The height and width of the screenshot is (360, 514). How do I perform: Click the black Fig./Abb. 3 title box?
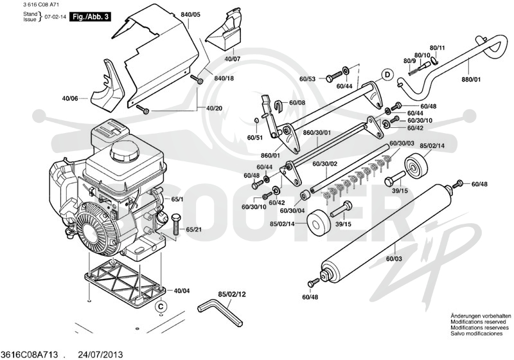90,17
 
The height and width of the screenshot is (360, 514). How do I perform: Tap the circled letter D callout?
387,75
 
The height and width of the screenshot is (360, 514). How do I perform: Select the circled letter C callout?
161,306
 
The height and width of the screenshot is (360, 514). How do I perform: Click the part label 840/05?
190,15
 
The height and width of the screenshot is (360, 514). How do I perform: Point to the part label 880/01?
471,79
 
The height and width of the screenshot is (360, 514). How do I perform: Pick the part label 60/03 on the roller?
394,259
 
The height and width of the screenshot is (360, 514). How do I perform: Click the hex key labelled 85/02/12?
220,312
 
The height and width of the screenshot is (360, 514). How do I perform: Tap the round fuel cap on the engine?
125,151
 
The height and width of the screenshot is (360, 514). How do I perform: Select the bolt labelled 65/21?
175,224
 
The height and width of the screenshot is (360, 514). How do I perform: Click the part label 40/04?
182,291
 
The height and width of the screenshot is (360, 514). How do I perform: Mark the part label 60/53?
308,79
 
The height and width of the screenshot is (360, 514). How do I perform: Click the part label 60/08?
297,103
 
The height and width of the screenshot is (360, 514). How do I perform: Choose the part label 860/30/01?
317,133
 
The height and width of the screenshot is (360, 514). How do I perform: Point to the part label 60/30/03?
402,143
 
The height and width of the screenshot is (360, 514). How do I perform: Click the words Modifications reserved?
478,322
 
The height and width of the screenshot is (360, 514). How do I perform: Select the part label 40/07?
233,59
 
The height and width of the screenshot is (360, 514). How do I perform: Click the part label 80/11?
438,48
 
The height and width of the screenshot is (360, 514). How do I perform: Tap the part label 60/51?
255,138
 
